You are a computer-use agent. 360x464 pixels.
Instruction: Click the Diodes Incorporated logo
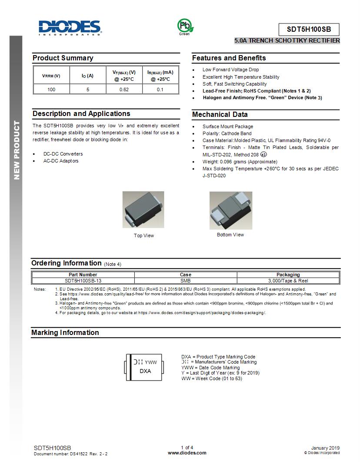[x=70, y=27]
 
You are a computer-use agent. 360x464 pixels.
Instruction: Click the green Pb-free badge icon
[x=184, y=26]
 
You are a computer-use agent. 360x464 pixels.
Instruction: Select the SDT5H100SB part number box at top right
[x=309, y=30]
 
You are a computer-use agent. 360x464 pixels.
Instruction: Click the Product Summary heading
[x=63, y=58]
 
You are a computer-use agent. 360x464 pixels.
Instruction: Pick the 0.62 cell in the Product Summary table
[x=124, y=89]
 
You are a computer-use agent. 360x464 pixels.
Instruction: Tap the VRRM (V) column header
[x=51, y=76]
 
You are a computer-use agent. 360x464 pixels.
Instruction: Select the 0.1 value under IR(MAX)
[x=160, y=89]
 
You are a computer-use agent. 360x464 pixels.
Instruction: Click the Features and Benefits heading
[x=229, y=58]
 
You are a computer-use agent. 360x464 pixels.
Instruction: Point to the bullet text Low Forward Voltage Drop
[x=230, y=70]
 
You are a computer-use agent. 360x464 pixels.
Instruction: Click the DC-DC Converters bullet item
[x=63, y=154]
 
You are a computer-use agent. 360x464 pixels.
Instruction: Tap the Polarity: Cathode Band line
[x=227, y=133]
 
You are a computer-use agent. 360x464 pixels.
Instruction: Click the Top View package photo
[x=143, y=209]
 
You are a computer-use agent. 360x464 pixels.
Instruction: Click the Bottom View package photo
[x=230, y=210]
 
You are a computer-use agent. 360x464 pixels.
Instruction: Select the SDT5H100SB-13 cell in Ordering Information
[x=83, y=281]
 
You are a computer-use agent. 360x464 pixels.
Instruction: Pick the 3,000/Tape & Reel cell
[x=288, y=281]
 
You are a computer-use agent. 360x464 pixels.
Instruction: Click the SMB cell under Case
[x=186, y=281]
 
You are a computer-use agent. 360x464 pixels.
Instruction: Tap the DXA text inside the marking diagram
[x=145, y=371]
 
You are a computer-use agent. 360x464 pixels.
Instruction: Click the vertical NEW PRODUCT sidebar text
[x=17, y=150]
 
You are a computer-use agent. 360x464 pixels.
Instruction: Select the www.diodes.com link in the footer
[x=187, y=453]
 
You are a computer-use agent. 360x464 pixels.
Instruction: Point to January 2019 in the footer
[x=326, y=448]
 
